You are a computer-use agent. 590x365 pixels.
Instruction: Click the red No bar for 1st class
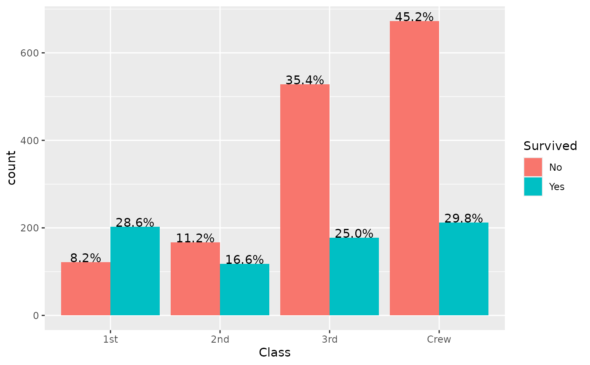point(86,289)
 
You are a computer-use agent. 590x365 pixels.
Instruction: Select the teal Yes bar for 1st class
point(135,271)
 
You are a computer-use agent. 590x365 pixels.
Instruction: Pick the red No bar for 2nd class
point(195,279)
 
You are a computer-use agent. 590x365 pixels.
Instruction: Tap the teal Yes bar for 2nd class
point(244,290)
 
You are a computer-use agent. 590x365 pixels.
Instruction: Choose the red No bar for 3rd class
point(305,200)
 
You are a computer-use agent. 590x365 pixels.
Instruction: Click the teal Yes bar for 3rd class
point(354,276)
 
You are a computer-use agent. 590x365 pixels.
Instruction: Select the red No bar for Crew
point(414,168)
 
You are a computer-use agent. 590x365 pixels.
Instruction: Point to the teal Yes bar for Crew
point(464,269)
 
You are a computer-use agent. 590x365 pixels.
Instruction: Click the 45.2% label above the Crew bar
point(414,17)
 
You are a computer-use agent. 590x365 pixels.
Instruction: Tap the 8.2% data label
point(86,258)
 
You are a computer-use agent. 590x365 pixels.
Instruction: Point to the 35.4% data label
point(305,80)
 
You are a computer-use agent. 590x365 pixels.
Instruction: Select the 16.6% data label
point(244,260)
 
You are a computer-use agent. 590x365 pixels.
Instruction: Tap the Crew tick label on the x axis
point(439,340)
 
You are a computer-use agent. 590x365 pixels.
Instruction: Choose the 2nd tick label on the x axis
point(220,340)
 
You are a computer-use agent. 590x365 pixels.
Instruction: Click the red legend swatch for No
point(533,167)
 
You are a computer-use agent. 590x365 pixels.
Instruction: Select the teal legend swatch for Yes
point(533,186)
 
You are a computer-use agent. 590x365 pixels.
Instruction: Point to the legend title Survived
point(550,146)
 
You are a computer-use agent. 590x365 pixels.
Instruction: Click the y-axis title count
point(12,168)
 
